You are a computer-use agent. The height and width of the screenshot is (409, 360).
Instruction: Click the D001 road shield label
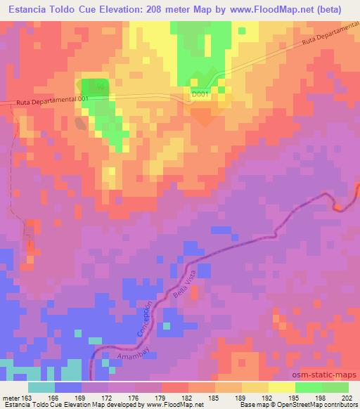click(201, 93)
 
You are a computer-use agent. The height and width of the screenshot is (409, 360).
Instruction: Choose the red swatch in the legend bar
click(174, 387)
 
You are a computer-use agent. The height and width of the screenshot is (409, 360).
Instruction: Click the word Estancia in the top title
click(26, 10)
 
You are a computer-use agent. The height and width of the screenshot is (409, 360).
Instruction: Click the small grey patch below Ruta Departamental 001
click(82, 123)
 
